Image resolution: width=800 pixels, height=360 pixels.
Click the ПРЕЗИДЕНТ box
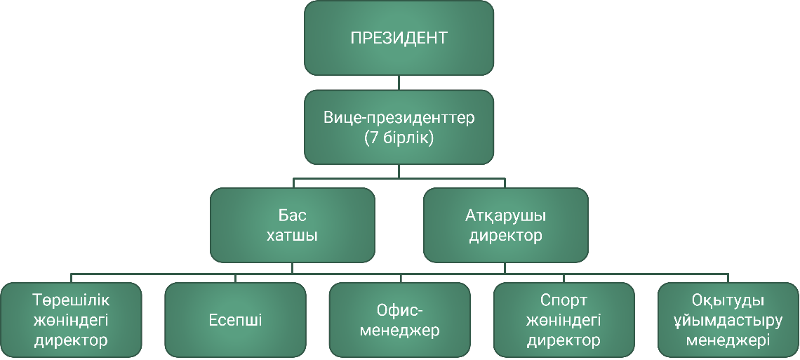point(399,38)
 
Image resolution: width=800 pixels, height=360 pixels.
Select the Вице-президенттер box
point(399,127)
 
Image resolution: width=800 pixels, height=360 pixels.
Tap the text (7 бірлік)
point(399,138)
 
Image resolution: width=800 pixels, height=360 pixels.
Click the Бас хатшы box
point(292,225)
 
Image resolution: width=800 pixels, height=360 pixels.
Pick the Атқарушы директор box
point(505,225)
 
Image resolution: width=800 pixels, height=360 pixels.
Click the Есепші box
point(235,320)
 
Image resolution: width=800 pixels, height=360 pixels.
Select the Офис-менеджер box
point(399,320)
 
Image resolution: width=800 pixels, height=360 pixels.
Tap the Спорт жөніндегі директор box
point(564,320)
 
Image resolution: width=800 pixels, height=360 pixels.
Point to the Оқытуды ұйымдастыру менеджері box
point(728,320)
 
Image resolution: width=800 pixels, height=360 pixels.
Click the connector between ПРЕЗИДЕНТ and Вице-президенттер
point(399,82)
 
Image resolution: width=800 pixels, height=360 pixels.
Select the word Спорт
point(564,300)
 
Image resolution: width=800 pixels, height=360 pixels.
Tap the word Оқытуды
point(728,300)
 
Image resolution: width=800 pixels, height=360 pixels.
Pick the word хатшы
point(292,235)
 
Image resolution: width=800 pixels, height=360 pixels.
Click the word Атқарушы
point(505,215)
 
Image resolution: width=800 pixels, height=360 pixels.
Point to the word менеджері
point(728,341)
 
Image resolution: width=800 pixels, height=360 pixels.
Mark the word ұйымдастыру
point(728,321)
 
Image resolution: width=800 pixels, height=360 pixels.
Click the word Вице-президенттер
point(399,117)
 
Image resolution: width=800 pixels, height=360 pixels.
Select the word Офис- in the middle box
point(399,310)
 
